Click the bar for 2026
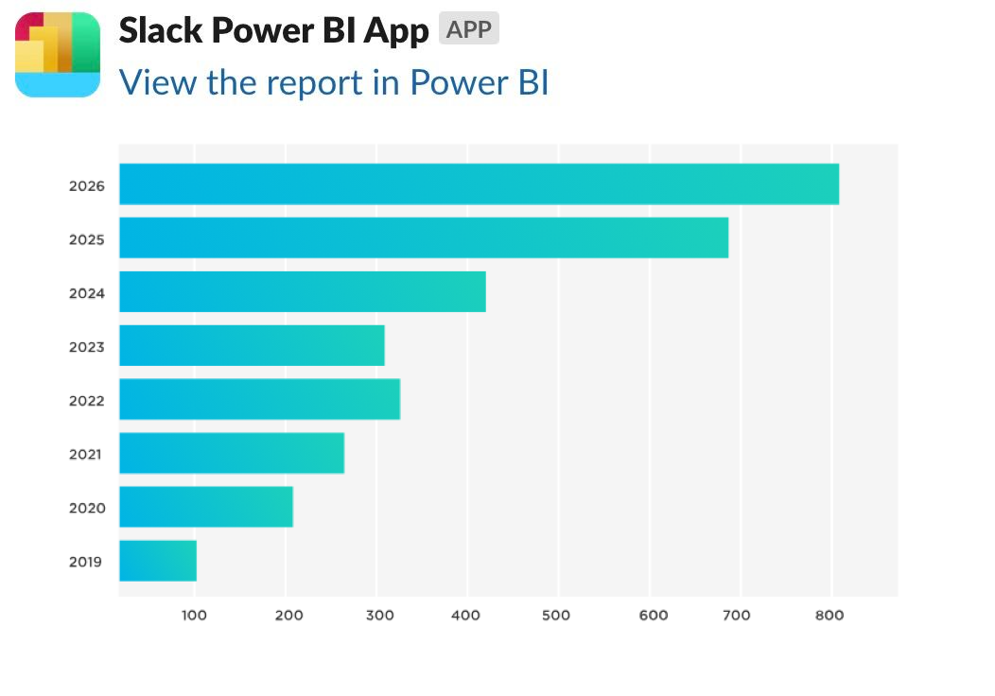pos(479,183)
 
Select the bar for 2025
pos(424,237)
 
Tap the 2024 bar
pos(303,291)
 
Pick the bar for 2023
pos(252,345)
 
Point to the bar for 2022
pos(259,399)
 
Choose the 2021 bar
pos(232,453)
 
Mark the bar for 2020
pos(206,507)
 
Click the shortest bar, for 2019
pos(158,561)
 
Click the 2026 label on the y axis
pos(86,185)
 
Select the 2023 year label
pos(86,347)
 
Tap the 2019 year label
pos(86,562)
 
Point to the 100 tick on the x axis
pos(194,616)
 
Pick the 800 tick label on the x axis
pos(829,616)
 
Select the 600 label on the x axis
pos(650,616)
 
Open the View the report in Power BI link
pos(334,82)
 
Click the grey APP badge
pos(468,29)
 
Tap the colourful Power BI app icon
pos(58,55)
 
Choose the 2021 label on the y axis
pos(86,455)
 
